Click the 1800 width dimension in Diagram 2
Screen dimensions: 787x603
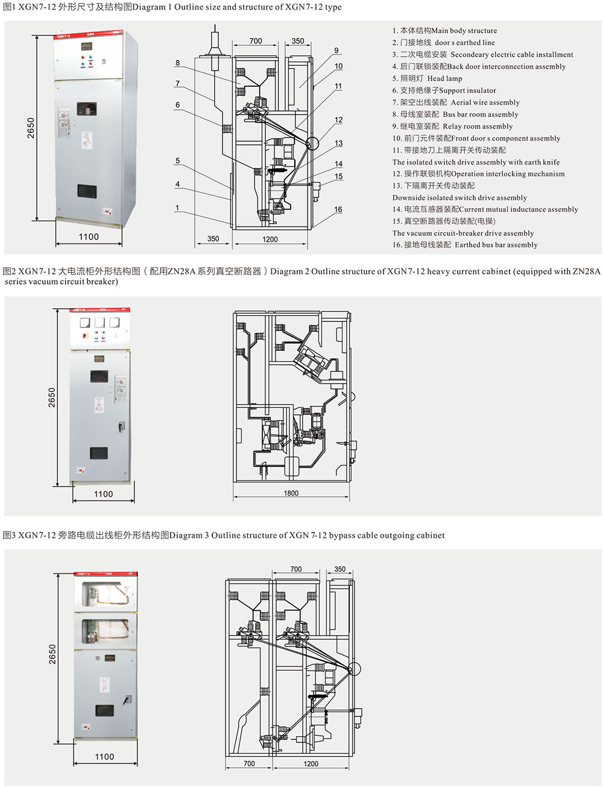click(x=291, y=493)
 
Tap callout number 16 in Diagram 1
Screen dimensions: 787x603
click(x=338, y=210)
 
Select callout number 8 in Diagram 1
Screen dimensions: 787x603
click(x=178, y=63)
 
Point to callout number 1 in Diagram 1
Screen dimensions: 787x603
click(x=178, y=207)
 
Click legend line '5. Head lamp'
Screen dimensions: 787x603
click(x=427, y=78)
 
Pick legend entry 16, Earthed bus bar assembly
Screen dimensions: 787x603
click(x=465, y=245)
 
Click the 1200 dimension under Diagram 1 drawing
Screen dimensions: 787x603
click(x=270, y=239)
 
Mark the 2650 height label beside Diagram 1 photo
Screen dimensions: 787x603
click(x=31, y=127)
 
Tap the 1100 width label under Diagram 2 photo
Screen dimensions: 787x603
click(x=103, y=494)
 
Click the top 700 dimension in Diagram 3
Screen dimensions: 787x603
click(x=295, y=569)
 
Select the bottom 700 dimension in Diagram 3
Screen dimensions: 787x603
click(x=249, y=763)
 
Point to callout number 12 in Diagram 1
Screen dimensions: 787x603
click(x=338, y=120)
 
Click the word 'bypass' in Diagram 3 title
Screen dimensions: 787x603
click(x=342, y=535)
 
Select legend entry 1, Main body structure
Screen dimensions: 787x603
click(x=444, y=31)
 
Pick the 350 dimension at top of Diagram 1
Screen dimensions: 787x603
click(x=298, y=41)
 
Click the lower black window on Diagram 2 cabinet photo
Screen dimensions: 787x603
click(x=99, y=452)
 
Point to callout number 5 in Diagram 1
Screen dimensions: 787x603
click(x=178, y=161)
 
